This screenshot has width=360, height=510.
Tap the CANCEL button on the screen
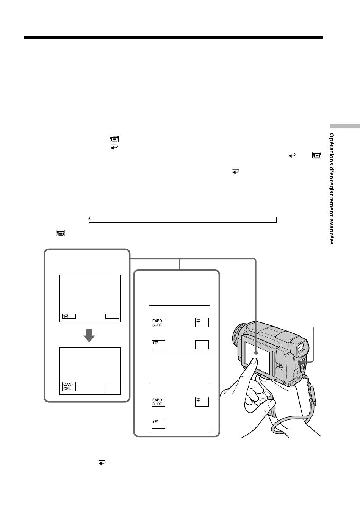[x=69, y=386]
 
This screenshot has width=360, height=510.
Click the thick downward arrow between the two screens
[x=89, y=335]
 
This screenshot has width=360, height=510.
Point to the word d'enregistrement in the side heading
[x=332, y=192]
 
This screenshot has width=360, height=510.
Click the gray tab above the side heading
[x=345, y=126]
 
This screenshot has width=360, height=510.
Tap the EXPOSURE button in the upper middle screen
[x=158, y=322]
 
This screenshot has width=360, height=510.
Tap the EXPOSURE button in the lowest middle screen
[x=158, y=402]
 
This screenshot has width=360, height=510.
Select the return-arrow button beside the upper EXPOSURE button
[x=202, y=322]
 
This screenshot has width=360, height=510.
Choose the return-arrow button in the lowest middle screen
[x=202, y=402]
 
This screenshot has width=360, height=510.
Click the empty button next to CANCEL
[x=113, y=386]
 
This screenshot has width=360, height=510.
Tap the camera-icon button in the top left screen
[x=69, y=316]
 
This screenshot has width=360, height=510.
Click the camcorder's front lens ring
[x=237, y=335]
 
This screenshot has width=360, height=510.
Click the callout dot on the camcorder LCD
[x=256, y=353]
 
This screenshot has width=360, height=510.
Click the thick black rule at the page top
[x=174, y=38]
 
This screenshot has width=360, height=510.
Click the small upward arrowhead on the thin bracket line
[x=89, y=219]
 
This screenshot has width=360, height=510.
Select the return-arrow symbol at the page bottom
[x=102, y=462]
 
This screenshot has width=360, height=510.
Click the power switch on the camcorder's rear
[x=302, y=365]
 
